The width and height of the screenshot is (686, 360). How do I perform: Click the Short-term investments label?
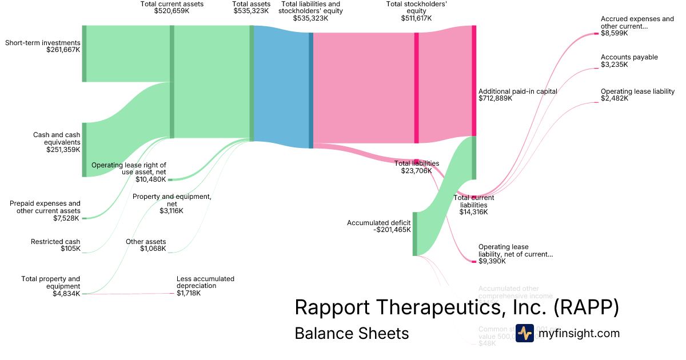click(x=42, y=43)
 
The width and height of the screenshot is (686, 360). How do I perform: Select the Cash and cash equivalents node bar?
click(x=84, y=150)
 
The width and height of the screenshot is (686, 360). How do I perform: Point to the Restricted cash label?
click(x=55, y=242)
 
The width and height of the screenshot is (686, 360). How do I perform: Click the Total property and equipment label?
click(x=51, y=282)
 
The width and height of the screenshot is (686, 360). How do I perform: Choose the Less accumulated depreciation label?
click(x=205, y=282)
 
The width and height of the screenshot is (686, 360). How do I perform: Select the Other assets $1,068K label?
click(x=146, y=245)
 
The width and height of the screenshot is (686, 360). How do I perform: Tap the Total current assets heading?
click(x=171, y=4)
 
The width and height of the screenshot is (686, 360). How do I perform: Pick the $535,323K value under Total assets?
click(x=251, y=11)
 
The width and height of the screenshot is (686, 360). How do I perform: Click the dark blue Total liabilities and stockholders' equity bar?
click(x=311, y=90)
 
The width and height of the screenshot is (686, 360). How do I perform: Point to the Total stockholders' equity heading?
click(x=416, y=7)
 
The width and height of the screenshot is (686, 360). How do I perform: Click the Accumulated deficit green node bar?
click(x=415, y=234)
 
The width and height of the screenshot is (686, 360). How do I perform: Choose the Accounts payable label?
click(x=629, y=57)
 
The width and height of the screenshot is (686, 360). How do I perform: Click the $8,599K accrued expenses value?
click(x=614, y=33)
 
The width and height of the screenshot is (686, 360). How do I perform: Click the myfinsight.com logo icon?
click(x=524, y=333)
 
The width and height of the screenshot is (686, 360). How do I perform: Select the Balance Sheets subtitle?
click(x=352, y=333)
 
